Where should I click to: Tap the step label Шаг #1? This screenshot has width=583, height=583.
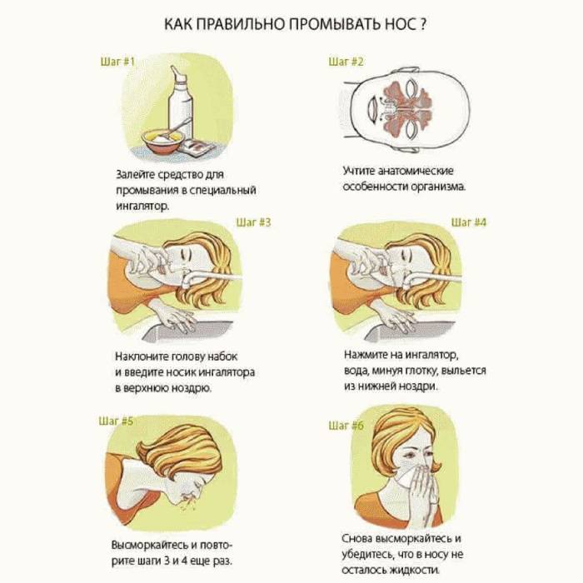pyautogui.click(x=117, y=61)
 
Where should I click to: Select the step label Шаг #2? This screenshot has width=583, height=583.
pyautogui.click(x=346, y=61)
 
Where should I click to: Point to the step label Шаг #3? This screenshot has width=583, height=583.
pyautogui.click(x=253, y=222)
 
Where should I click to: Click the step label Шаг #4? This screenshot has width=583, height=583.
pyautogui.click(x=468, y=222)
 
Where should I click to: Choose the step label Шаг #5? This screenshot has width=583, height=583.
pyautogui.click(x=116, y=421)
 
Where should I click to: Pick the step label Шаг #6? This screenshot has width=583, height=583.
pyautogui.click(x=346, y=425)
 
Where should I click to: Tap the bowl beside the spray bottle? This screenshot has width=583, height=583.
pyautogui.click(x=163, y=140)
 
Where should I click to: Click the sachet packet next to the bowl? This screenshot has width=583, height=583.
pyautogui.click(x=197, y=148)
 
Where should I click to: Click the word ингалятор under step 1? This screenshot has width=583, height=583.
pyautogui.click(x=142, y=206)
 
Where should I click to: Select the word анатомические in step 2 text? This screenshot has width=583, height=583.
pyautogui.click(x=416, y=171)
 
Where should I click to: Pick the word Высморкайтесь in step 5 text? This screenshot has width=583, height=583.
pyautogui.click(x=150, y=545)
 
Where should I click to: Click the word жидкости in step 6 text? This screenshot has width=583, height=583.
pyautogui.click(x=415, y=570)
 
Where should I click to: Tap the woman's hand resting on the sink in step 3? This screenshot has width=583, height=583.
pyautogui.click(x=173, y=317)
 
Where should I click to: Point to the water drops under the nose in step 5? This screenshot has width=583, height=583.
pyautogui.click(x=187, y=504)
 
